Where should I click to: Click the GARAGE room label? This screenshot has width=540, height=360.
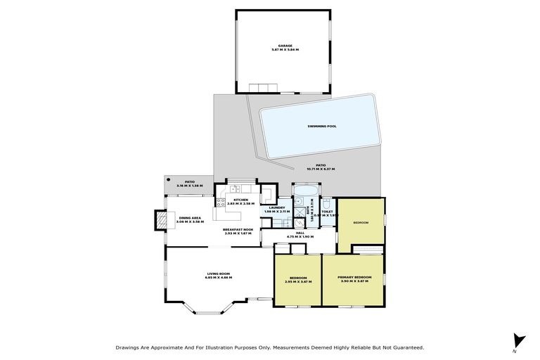pos(284,46)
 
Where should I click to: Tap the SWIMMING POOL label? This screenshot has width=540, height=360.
pos(322,127)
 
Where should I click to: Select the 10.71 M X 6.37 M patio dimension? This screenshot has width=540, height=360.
pos(321,169)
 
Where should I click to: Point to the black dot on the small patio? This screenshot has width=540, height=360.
pos(168,180)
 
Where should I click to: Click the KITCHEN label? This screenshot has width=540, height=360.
pos(241,199)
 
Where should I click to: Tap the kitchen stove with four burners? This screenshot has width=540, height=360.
pos(220,203)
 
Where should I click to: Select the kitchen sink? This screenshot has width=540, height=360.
pos(235,188)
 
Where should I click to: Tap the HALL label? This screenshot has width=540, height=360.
pos(300,232)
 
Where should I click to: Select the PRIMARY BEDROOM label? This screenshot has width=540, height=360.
pos(354,277)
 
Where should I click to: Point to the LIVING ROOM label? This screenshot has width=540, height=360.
pos(218,274)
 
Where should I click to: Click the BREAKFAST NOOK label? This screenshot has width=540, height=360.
pos(238,229)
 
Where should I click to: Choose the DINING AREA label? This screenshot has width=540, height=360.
pos(190,217)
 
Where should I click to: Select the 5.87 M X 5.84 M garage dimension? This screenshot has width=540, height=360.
pos(284,50)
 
